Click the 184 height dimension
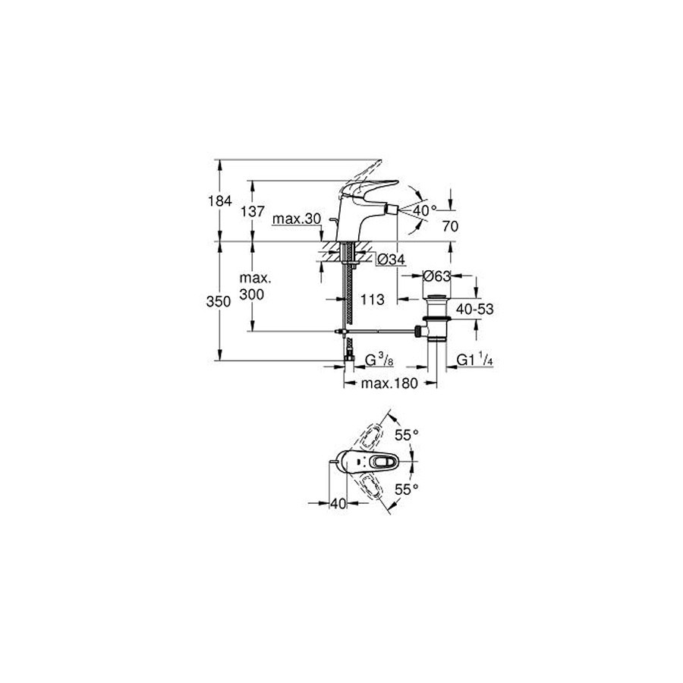click(x=220, y=201)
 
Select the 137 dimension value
click(x=253, y=211)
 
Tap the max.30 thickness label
click(x=297, y=219)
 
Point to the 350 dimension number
click(x=219, y=301)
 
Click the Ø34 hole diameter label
click(x=391, y=260)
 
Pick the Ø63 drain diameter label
click(x=437, y=276)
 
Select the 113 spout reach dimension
click(x=373, y=299)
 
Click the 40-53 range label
click(x=475, y=310)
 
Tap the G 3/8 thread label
click(x=379, y=360)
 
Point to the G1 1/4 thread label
click(x=475, y=360)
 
